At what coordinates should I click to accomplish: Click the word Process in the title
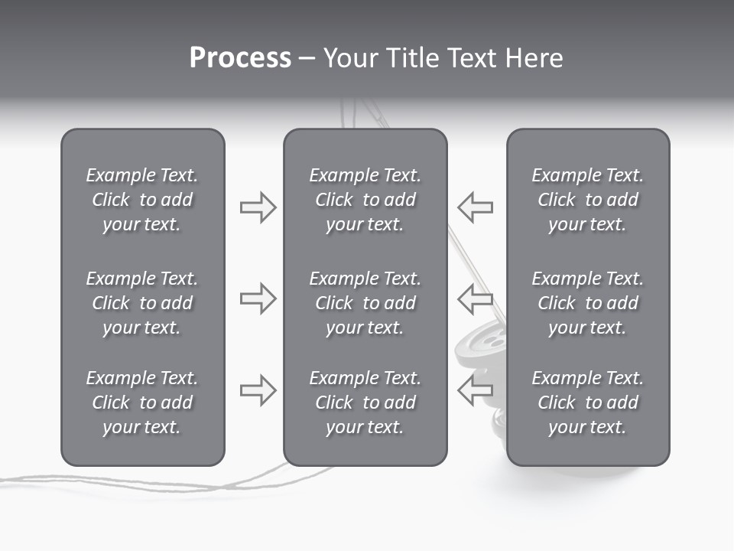pyautogui.click(x=240, y=58)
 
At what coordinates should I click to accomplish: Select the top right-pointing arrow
pyautogui.click(x=258, y=207)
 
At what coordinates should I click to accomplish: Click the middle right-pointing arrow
pyautogui.click(x=258, y=298)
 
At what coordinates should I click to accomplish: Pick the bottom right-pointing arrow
pyautogui.click(x=258, y=390)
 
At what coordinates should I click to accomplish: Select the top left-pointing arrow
pyautogui.click(x=475, y=207)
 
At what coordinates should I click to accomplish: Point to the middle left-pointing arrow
pyautogui.click(x=475, y=298)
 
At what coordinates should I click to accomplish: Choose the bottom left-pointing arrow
pyautogui.click(x=475, y=390)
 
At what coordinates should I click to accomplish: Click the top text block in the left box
pyautogui.click(x=142, y=200)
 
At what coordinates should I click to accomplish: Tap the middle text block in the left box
pyautogui.click(x=142, y=303)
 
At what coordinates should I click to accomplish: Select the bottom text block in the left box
pyautogui.click(x=142, y=403)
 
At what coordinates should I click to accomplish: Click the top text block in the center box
pyautogui.click(x=365, y=200)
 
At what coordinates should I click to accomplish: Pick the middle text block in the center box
pyautogui.click(x=365, y=303)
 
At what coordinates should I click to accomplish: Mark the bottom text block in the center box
pyautogui.click(x=365, y=403)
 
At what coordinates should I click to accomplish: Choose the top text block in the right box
pyautogui.click(x=588, y=200)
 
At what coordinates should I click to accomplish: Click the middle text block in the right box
pyautogui.click(x=588, y=303)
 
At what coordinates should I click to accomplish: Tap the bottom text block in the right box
pyautogui.click(x=588, y=403)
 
